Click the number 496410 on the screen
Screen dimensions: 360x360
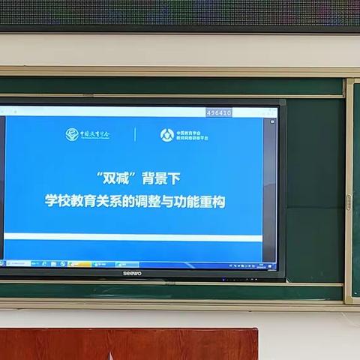pyautogui.click(x=218, y=112)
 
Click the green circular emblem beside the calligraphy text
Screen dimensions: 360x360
pyautogui.click(x=71, y=134)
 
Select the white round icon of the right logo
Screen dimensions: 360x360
pyautogui.click(x=166, y=135)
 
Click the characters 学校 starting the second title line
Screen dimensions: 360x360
pyautogui.click(x=56, y=201)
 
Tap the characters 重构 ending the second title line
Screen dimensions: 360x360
pyautogui.click(x=213, y=201)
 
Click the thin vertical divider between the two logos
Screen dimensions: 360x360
pyautogui.click(x=135, y=135)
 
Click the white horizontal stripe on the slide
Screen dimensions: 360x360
pyautogui.click(x=135, y=238)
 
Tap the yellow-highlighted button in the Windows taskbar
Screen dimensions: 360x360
pyautogui.click(x=79, y=264)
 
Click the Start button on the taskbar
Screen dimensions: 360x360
pyautogui.click(x=2, y=263)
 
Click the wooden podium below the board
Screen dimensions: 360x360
pyautogui.click(x=127, y=344)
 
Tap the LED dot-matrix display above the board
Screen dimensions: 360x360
pyautogui.click(x=180, y=13)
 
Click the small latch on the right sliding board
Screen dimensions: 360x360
pyautogui.click(x=348, y=202)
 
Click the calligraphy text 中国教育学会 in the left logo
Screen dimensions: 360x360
pyautogui.click(x=95, y=135)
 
